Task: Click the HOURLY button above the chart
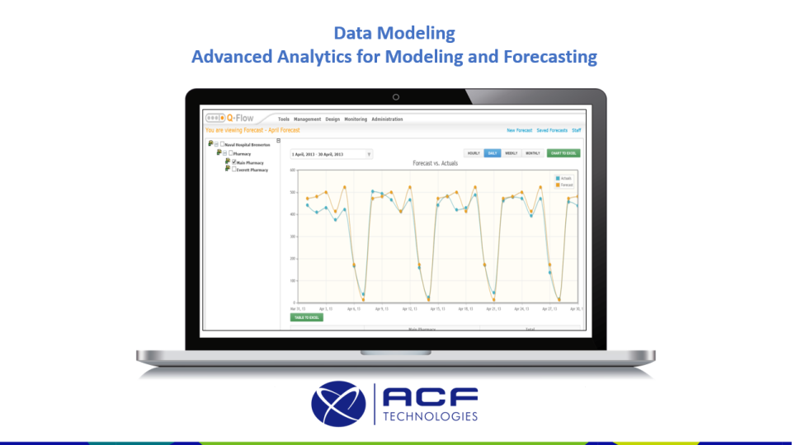tap(474, 153)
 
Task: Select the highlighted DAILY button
tap(492, 153)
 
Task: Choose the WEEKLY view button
tap(511, 153)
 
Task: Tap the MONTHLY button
tap(533, 153)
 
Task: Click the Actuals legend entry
tap(564, 178)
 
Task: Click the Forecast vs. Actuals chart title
tap(435, 163)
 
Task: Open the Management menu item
tap(307, 119)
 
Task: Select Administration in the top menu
tap(387, 119)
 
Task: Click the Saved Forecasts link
tap(552, 130)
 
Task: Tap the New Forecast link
tap(519, 130)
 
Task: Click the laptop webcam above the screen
tap(396, 97)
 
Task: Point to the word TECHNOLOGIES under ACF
tap(430, 416)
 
